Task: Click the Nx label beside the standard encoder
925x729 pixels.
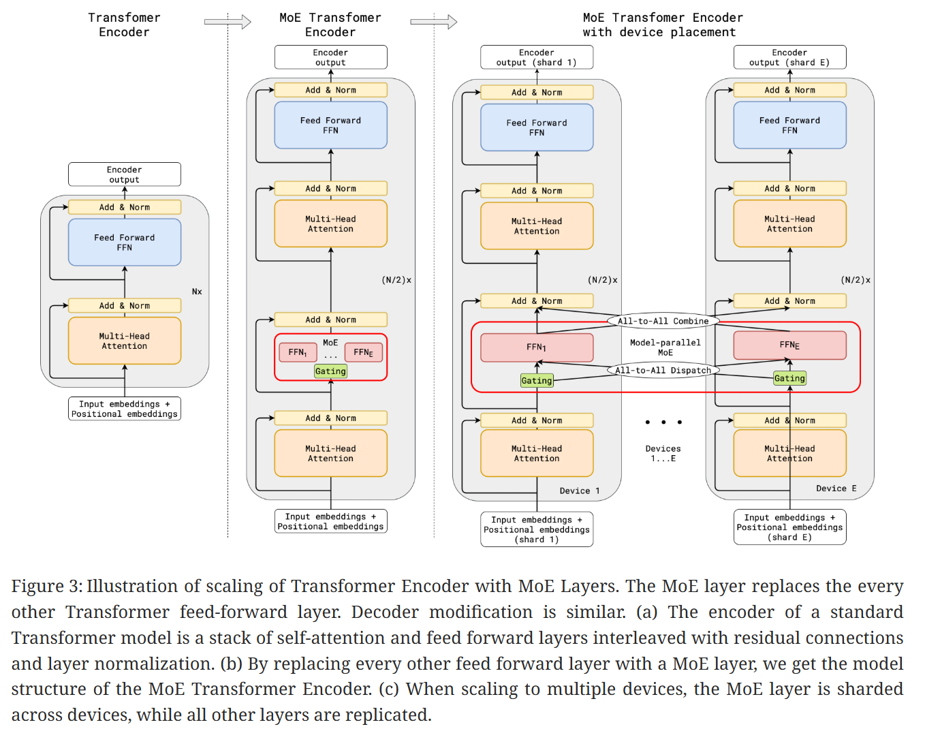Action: [197, 292]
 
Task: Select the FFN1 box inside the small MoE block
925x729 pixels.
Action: [298, 352]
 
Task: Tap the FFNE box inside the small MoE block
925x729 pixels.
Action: [363, 352]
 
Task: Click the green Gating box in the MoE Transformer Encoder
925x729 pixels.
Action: [330, 371]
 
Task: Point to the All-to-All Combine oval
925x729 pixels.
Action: [663, 321]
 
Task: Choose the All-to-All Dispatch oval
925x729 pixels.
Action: [663, 371]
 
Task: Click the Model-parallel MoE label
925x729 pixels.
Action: [665, 347]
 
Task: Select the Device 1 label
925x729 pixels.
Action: [580, 491]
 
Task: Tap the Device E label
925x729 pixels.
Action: [836, 488]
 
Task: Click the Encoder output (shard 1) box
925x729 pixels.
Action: [537, 57]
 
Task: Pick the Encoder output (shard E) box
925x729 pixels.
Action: [789, 57]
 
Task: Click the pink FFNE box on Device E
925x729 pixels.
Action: [789, 345]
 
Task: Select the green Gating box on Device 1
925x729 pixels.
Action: [537, 381]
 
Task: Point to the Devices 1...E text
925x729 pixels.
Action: [663, 453]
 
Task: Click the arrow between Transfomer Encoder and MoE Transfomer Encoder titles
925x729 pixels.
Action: [228, 22]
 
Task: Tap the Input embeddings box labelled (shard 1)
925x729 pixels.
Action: [537, 529]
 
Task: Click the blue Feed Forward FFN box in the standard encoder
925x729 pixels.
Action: [125, 243]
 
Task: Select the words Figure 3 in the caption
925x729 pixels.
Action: [46, 587]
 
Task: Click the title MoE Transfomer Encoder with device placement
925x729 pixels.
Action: [662, 25]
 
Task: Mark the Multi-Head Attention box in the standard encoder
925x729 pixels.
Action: [125, 341]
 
